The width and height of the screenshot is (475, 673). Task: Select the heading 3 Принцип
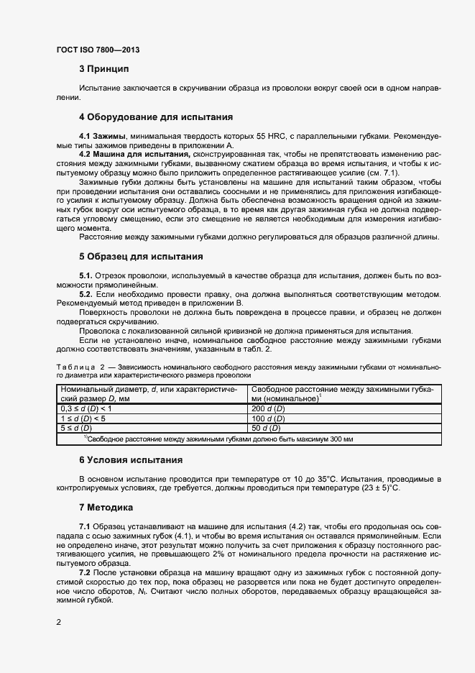point(103,69)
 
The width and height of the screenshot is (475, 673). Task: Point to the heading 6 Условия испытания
point(130,459)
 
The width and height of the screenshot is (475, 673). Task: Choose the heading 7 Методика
point(106,507)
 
